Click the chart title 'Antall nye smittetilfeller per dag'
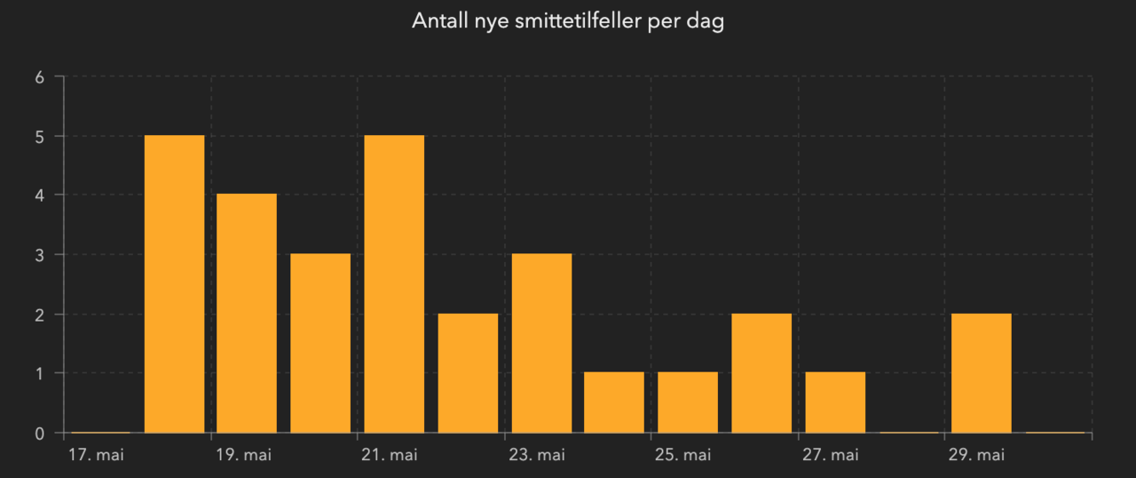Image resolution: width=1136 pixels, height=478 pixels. tap(568, 21)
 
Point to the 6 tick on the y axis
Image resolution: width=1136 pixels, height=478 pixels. tap(39, 77)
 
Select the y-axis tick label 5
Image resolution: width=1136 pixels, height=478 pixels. tap(39, 137)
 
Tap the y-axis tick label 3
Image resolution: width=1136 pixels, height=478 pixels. tap(39, 255)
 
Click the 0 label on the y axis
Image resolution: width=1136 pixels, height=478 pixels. tap(39, 434)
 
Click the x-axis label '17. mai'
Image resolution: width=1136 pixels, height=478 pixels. tap(96, 456)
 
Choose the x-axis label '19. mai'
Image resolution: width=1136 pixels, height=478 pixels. tap(243, 456)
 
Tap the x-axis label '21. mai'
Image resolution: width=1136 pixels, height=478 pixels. tap(390, 456)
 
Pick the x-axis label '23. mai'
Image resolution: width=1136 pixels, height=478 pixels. tap(537, 456)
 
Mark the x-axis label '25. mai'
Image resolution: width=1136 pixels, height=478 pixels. tap(683, 456)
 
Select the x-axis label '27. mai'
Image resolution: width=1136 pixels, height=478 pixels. tap(831, 456)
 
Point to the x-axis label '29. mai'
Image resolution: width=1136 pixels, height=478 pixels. tap(977, 456)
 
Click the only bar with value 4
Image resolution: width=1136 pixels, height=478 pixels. tap(247, 313)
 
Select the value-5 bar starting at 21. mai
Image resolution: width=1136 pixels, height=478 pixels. tap(394, 284)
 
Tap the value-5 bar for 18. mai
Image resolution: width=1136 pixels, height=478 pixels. tap(174, 284)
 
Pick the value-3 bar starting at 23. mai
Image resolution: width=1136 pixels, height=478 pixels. tap(541, 343)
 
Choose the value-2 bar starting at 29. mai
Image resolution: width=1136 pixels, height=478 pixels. tap(982, 373)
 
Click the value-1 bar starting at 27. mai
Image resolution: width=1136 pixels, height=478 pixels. tap(835, 402)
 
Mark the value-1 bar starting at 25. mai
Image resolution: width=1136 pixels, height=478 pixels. tap(688, 402)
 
